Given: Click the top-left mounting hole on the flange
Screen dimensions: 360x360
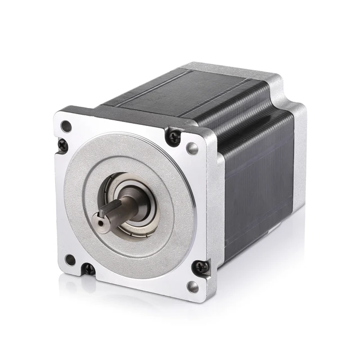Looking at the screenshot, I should (x=66, y=126).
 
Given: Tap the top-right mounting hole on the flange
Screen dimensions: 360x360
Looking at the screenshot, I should (x=192, y=148).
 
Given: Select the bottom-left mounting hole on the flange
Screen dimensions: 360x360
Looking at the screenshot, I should (x=70, y=259).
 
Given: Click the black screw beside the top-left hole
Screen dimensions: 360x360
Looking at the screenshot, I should (x=62, y=145).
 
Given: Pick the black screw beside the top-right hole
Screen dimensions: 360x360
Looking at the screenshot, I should (x=173, y=136).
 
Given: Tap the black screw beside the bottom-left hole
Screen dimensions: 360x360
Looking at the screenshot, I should (x=89, y=269).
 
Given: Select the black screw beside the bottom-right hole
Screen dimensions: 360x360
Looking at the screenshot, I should (x=200, y=268).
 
